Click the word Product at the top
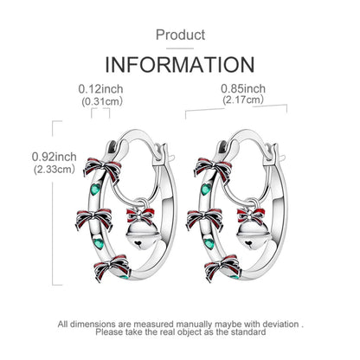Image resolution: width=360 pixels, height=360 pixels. coord(180,35)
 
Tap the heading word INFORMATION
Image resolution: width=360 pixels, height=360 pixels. coord(180,65)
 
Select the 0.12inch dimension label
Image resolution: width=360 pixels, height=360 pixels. coord(100,89)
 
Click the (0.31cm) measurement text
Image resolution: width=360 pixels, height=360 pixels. coord(102,101)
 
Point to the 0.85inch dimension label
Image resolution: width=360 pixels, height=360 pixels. coord(243,88)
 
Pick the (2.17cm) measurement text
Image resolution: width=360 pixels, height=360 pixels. coord(243,100)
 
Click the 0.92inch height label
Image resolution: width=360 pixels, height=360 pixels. coord(55,157)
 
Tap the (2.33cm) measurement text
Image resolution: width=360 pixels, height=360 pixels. coord(55,169)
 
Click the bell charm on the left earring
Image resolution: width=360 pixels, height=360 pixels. coord(141,235)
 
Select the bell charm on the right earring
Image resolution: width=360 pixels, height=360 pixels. coord(253,235)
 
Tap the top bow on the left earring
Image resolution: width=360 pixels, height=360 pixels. coord(102,169)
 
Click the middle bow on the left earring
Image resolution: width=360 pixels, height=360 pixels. coord(94,219)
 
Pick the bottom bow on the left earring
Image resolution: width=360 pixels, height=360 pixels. coord(112,267)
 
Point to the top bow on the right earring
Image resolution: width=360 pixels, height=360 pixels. coord(213,169)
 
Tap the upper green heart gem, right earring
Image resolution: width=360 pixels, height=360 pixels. coord(206,190)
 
